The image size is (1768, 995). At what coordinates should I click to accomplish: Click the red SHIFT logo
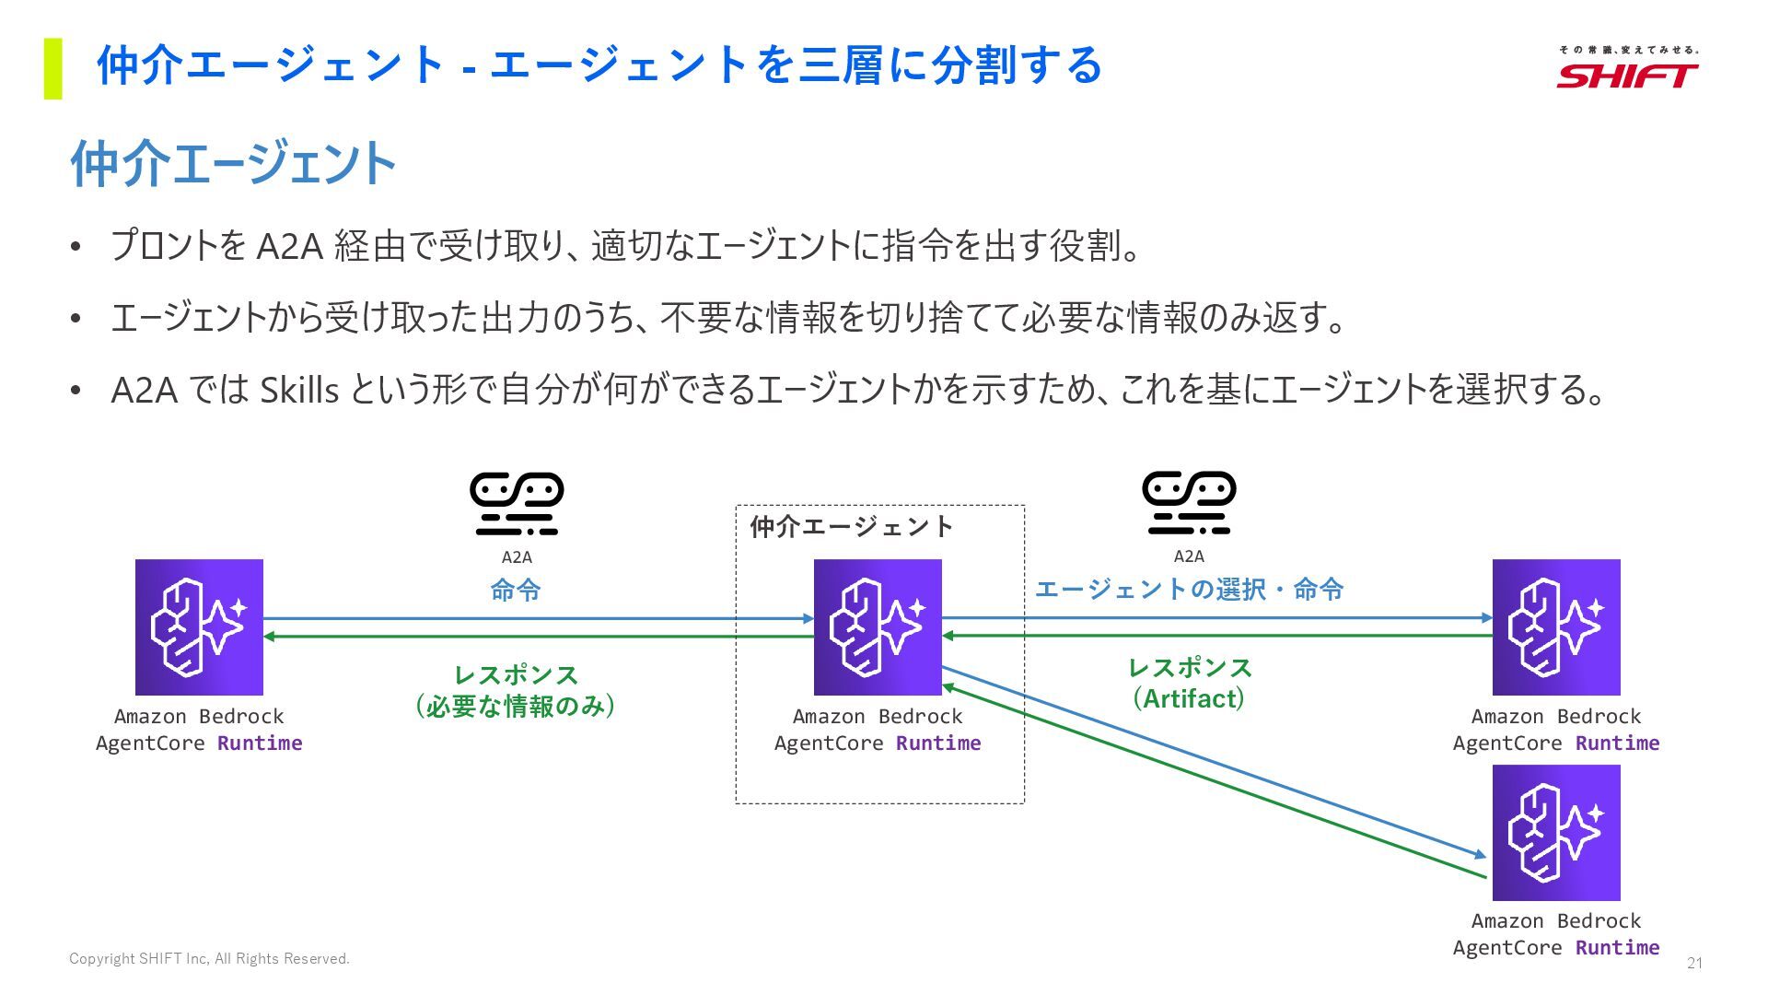click(1627, 75)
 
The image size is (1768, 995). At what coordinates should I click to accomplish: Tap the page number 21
click(1694, 963)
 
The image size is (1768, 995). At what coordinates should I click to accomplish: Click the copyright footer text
click(209, 959)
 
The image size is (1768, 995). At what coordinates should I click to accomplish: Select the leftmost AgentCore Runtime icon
click(199, 627)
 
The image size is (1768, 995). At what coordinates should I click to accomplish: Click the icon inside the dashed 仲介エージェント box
click(878, 627)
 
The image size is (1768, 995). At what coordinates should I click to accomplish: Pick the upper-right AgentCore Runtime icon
click(1556, 627)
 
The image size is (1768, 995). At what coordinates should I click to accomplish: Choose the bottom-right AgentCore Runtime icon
click(1556, 833)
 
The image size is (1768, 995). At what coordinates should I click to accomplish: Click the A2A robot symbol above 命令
click(517, 504)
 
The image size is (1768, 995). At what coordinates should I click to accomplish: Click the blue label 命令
click(516, 590)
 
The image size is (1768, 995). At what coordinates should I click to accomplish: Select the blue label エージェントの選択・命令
click(1189, 589)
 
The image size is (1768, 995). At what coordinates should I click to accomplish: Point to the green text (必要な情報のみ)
click(516, 707)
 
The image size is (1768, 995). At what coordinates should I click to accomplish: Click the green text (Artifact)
click(1189, 698)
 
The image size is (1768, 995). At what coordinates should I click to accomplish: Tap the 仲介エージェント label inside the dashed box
click(851, 527)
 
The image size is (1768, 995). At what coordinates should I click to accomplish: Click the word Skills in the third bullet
click(299, 391)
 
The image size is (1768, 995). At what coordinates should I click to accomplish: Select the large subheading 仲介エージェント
click(233, 164)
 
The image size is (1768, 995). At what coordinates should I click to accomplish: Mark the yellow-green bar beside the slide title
click(53, 68)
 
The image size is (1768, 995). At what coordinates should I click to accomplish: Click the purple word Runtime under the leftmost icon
click(260, 743)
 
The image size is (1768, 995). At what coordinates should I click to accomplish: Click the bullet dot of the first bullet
click(76, 247)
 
